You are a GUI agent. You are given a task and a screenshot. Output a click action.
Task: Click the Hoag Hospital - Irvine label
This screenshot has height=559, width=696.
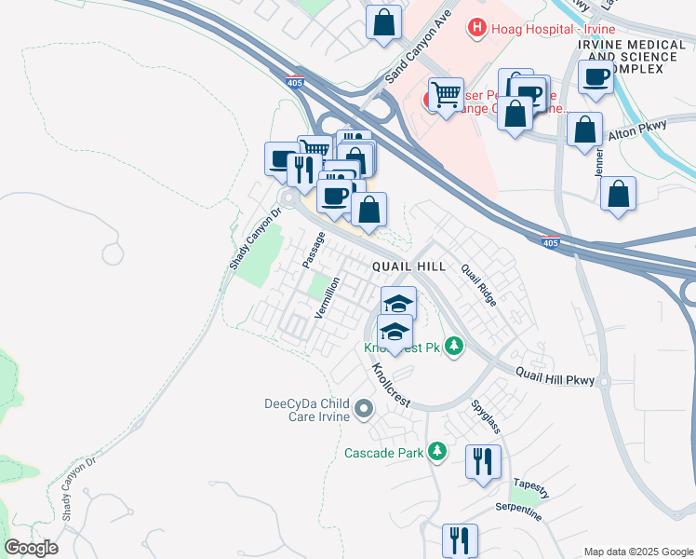tap(529, 28)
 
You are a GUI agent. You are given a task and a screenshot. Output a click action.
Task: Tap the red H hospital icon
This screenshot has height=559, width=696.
tap(477, 28)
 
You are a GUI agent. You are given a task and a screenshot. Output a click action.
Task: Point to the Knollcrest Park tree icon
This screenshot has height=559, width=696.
tap(454, 348)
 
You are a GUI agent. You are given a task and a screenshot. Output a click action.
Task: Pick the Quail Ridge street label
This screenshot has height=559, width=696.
tap(479, 284)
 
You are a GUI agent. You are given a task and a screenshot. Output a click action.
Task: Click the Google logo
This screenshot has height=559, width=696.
tap(31, 547)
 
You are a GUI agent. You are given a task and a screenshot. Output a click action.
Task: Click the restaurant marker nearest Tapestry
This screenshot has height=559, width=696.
tap(483, 461)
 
